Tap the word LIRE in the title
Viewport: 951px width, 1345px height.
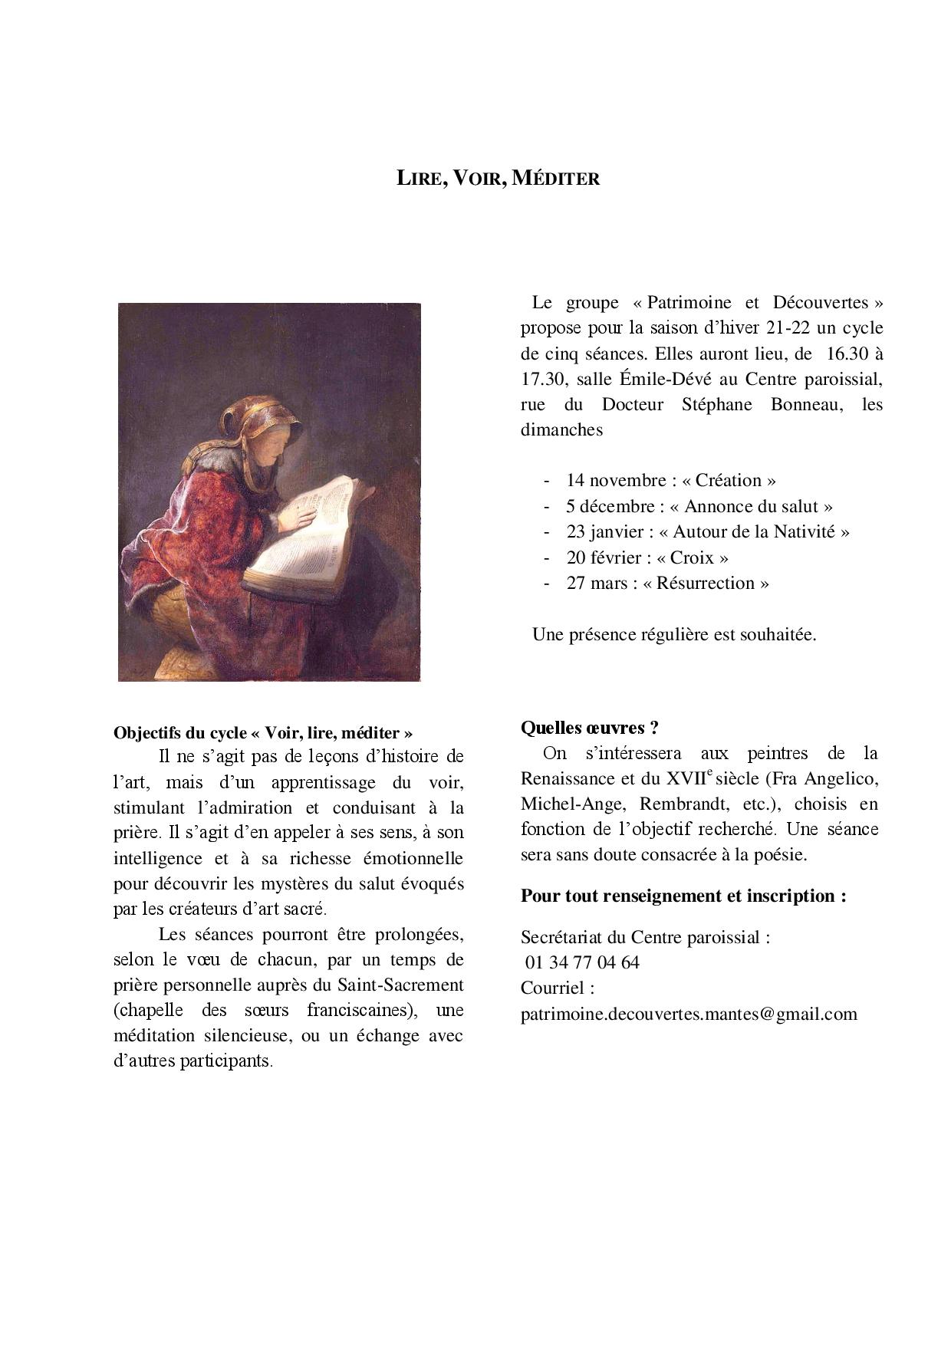coord(418,179)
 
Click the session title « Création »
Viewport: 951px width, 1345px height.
coord(729,481)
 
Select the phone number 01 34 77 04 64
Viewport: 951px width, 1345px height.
coord(583,962)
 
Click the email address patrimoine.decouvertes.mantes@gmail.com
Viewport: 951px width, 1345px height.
coord(689,1014)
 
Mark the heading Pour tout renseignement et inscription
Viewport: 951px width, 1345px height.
coord(683,896)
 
